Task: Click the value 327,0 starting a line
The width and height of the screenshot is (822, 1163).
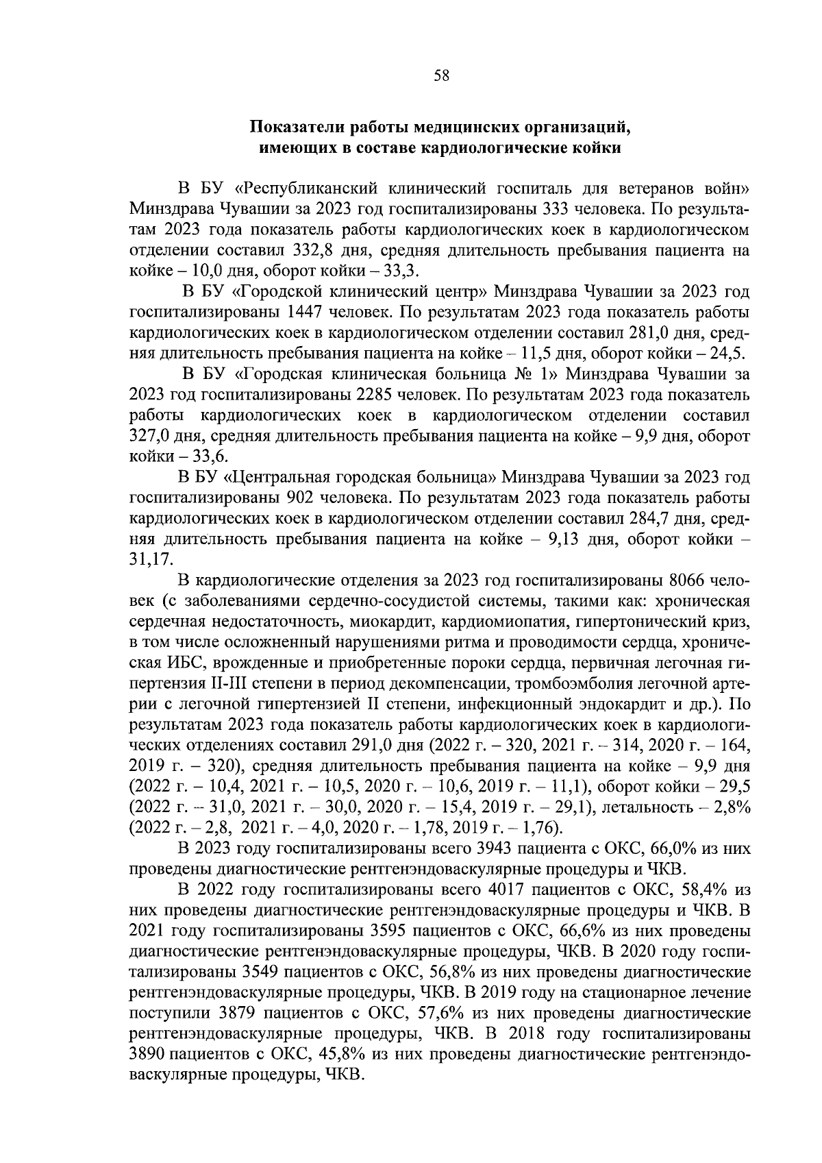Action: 149,437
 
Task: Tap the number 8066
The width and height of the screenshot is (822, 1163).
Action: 685,580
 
